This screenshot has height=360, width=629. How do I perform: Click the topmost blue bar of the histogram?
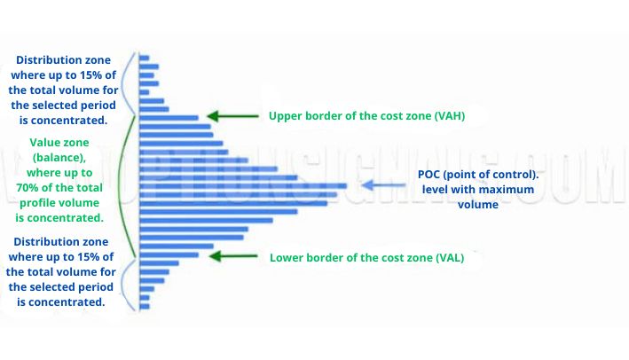pos(145,58)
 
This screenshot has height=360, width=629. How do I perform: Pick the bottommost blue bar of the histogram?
pos(145,306)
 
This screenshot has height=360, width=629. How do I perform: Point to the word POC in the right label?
pos(430,175)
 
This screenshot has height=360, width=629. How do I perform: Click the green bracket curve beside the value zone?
pos(128,186)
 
